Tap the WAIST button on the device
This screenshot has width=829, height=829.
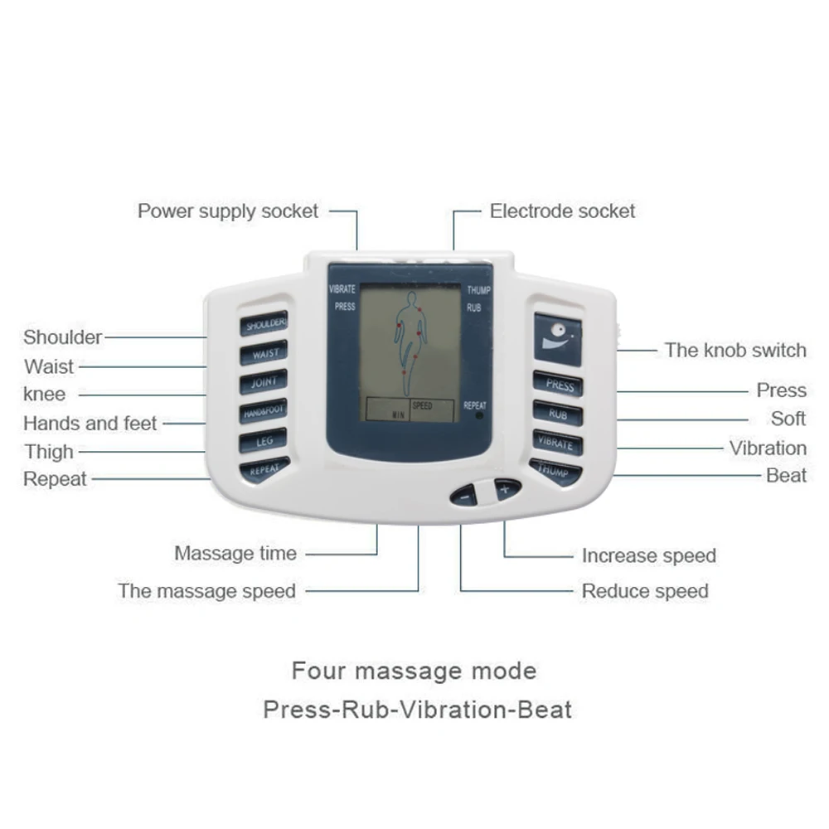click(x=264, y=353)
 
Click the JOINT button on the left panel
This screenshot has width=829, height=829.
click(x=264, y=382)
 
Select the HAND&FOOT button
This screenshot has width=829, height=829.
click(x=264, y=411)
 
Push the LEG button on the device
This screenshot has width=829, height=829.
click(x=264, y=440)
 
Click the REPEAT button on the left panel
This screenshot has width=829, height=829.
click(x=264, y=469)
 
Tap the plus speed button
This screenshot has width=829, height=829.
click(x=507, y=489)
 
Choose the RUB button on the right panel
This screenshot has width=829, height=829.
click(x=557, y=413)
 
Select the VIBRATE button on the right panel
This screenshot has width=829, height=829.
click(x=556, y=442)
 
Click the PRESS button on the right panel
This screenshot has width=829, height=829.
click(x=558, y=385)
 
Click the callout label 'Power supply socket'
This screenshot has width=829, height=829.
click(x=228, y=211)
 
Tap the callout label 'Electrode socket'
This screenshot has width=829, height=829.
click(x=562, y=211)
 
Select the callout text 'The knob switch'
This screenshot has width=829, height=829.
click(x=734, y=350)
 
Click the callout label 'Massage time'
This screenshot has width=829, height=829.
click(x=235, y=553)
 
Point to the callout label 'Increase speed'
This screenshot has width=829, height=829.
click(x=648, y=555)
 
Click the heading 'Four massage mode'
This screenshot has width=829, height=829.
click(x=414, y=670)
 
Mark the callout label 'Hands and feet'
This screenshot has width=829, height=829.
click(x=90, y=424)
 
